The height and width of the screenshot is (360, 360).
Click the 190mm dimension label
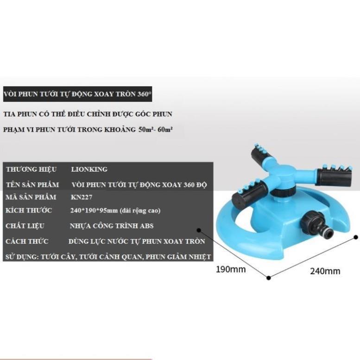tap(230, 269)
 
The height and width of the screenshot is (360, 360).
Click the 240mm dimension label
tap(325, 271)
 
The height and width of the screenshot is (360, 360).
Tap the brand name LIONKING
tap(89, 170)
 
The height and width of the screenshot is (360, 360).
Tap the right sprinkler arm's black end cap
tap(333, 177)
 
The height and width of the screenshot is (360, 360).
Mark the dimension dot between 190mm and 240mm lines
tap(268, 278)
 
